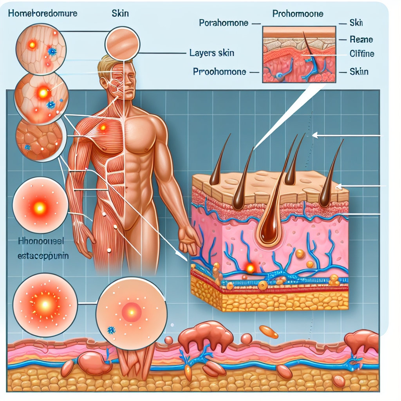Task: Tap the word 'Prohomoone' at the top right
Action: tap(298, 14)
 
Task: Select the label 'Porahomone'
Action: tap(224, 23)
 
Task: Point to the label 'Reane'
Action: tap(361, 39)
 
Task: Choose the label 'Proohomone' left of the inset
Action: tap(219, 72)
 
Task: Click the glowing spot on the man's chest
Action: tap(103, 127)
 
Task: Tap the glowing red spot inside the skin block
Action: tap(249, 268)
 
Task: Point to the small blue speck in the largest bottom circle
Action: tap(111, 331)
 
